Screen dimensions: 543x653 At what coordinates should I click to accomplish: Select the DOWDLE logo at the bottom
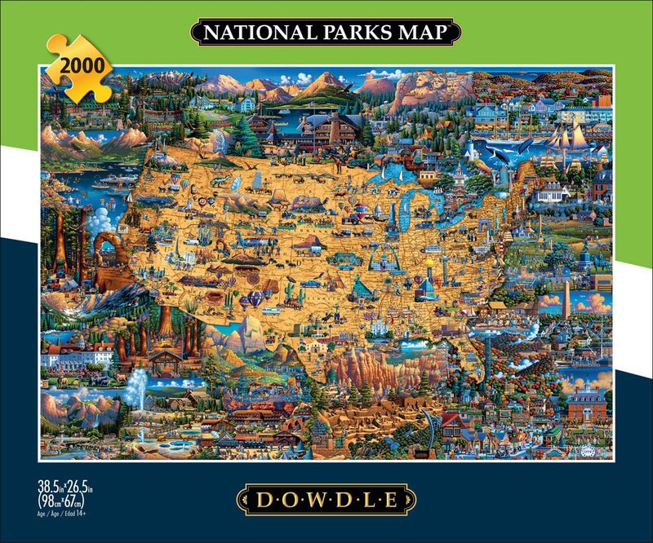326,498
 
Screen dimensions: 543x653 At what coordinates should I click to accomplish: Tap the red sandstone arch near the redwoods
108,249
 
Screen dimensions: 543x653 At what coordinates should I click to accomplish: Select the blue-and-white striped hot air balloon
255,299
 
